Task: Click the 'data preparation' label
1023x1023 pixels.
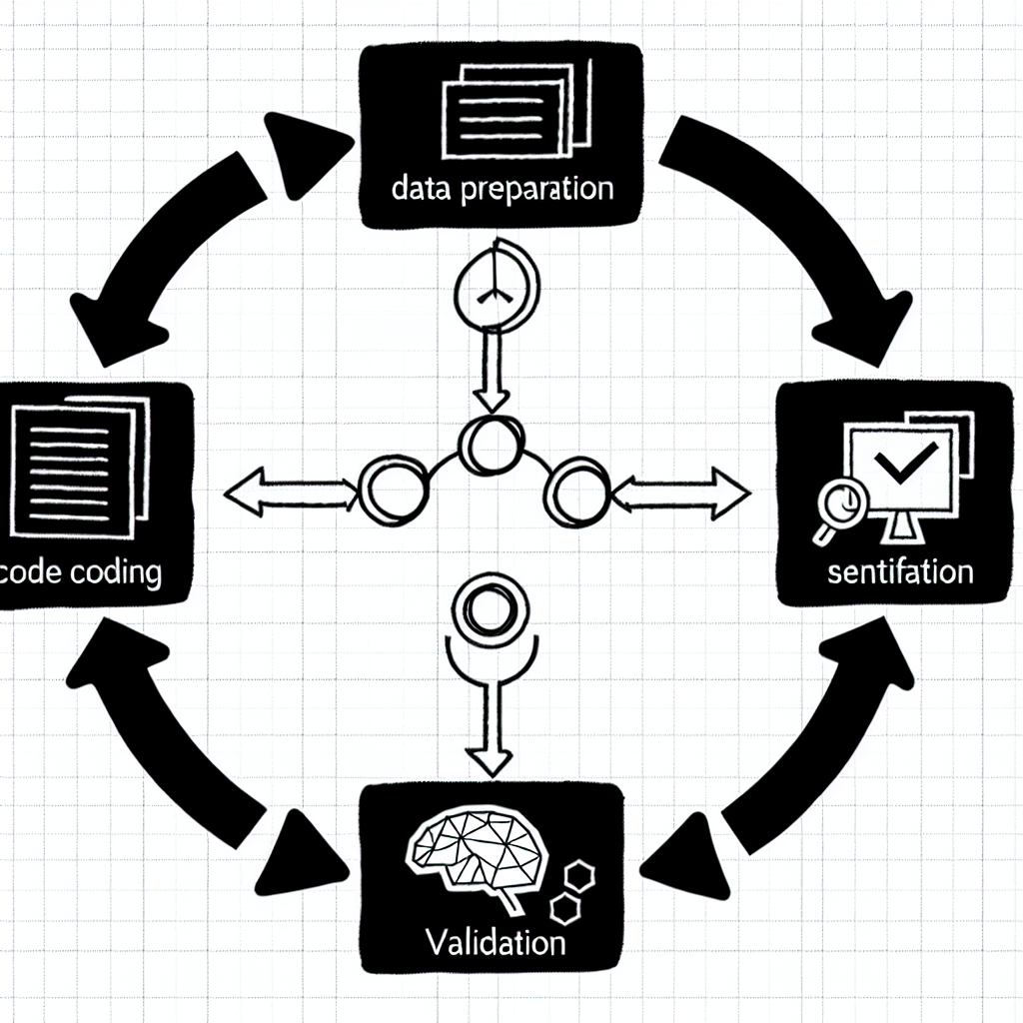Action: (x=503, y=188)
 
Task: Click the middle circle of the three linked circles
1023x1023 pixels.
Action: (x=491, y=446)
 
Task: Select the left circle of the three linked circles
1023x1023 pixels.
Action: (x=383, y=490)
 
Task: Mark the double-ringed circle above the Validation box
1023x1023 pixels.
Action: (x=487, y=606)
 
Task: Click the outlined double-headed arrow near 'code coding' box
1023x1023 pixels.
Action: (x=289, y=491)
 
